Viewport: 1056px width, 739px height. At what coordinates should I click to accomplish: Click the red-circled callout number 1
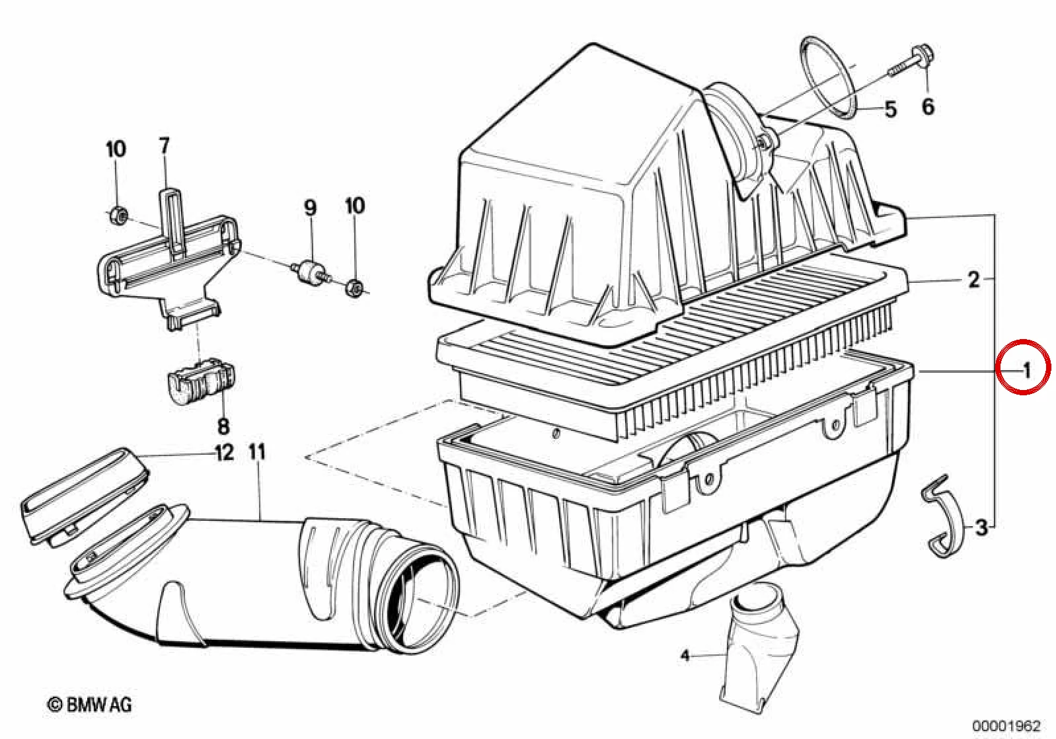point(1026,371)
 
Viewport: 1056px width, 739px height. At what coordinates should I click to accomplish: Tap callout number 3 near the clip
point(981,527)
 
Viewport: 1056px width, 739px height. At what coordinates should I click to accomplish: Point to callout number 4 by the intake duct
point(685,656)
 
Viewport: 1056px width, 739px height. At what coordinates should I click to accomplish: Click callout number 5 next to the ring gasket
point(890,110)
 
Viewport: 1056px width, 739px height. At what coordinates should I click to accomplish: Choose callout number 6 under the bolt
point(928,106)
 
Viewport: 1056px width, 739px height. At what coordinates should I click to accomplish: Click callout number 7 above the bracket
point(164,145)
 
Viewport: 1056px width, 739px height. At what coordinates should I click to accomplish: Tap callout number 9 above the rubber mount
point(310,208)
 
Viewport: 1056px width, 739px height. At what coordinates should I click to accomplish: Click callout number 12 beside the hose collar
point(225,453)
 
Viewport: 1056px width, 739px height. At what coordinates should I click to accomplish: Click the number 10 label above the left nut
point(116,149)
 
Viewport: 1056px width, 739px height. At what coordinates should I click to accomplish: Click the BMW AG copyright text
point(90,705)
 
